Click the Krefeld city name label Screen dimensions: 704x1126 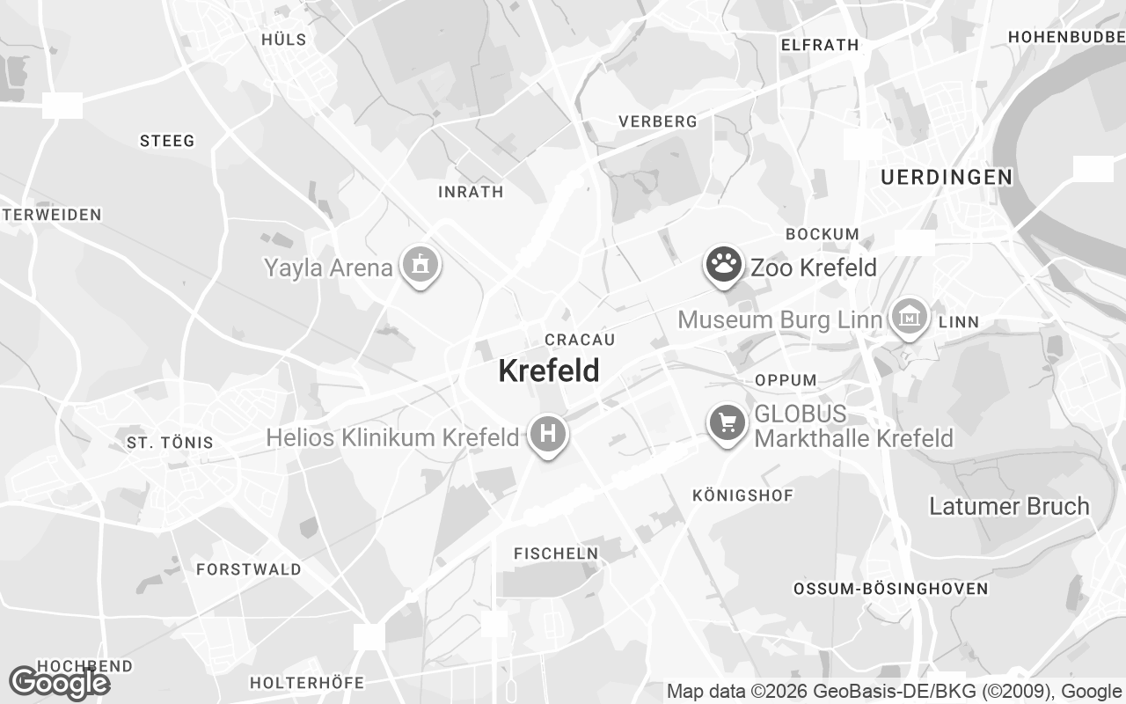pos(549,370)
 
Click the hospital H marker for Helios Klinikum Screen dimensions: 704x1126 pos(548,434)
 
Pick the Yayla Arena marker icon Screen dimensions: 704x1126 pos(420,264)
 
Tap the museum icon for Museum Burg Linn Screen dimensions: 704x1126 pos(910,316)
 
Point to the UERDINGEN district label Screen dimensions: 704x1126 pos(947,177)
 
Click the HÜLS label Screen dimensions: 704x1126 pos(284,39)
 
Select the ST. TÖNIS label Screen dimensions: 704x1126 pos(170,442)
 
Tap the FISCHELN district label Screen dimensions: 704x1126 pos(556,554)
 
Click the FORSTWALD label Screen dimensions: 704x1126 pos(249,569)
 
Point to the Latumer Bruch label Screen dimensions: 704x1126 pos(1009,506)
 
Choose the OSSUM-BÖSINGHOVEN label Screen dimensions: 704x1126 pos(890,588)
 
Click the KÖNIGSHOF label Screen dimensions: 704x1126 pos(742,495)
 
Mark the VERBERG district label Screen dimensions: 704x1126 pos(658,121)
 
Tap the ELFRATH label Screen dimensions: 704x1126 pos(819,45)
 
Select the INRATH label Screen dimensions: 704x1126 pos(471,192)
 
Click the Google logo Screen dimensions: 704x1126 pos(58,683)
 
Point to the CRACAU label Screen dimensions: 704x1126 pos(580,340)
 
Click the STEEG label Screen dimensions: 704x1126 pos(167,141)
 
